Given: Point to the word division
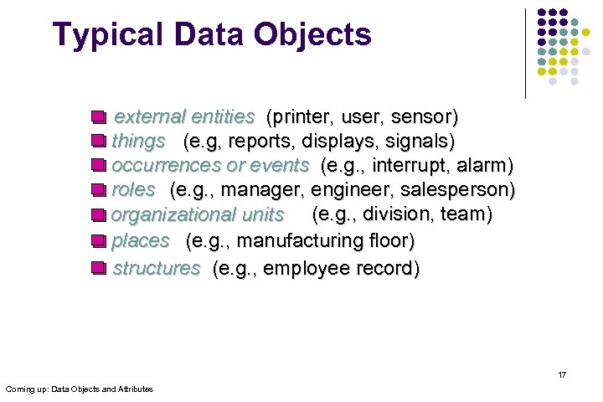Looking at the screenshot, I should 397,214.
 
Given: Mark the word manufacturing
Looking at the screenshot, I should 291,242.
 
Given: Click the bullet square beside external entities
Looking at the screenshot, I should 98,116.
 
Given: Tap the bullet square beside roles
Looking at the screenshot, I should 98,190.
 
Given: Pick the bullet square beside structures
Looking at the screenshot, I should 98,269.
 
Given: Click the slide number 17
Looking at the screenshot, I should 562,374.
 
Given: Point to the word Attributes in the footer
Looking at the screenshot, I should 133,389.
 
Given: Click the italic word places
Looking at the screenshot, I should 141,242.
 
